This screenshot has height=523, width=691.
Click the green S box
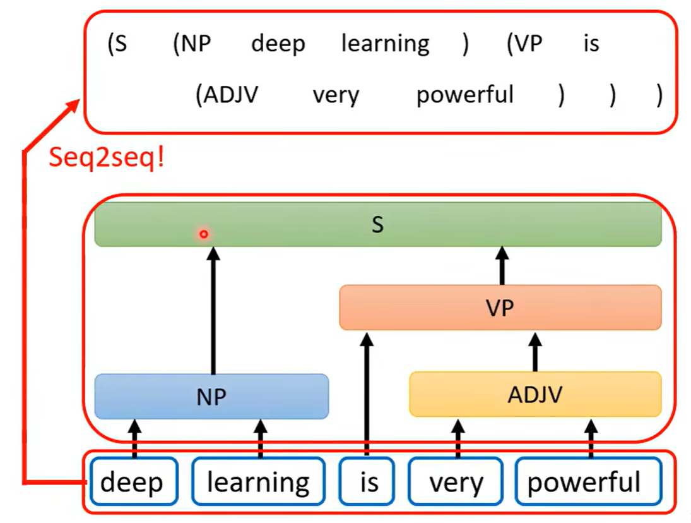coord(377,224)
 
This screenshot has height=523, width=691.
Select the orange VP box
coord(500,308)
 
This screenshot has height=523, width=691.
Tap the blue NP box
coord(211,396)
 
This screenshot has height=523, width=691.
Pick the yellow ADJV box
coord(534,395)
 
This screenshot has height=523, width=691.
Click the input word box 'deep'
coord(131,483)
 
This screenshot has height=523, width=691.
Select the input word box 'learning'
coord(258,483)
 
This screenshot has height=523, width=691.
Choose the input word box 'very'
coord(456,483)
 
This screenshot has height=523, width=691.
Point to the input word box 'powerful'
coord(584,483)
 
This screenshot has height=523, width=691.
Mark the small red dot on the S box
coord(204,234)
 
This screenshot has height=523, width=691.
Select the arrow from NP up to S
coord(213,310)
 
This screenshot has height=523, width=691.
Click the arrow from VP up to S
coord(502,265)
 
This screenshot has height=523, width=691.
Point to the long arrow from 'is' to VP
coord(367,392)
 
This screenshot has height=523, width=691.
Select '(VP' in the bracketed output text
coord(524,44)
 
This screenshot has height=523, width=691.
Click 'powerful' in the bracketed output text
coord(465,95)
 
